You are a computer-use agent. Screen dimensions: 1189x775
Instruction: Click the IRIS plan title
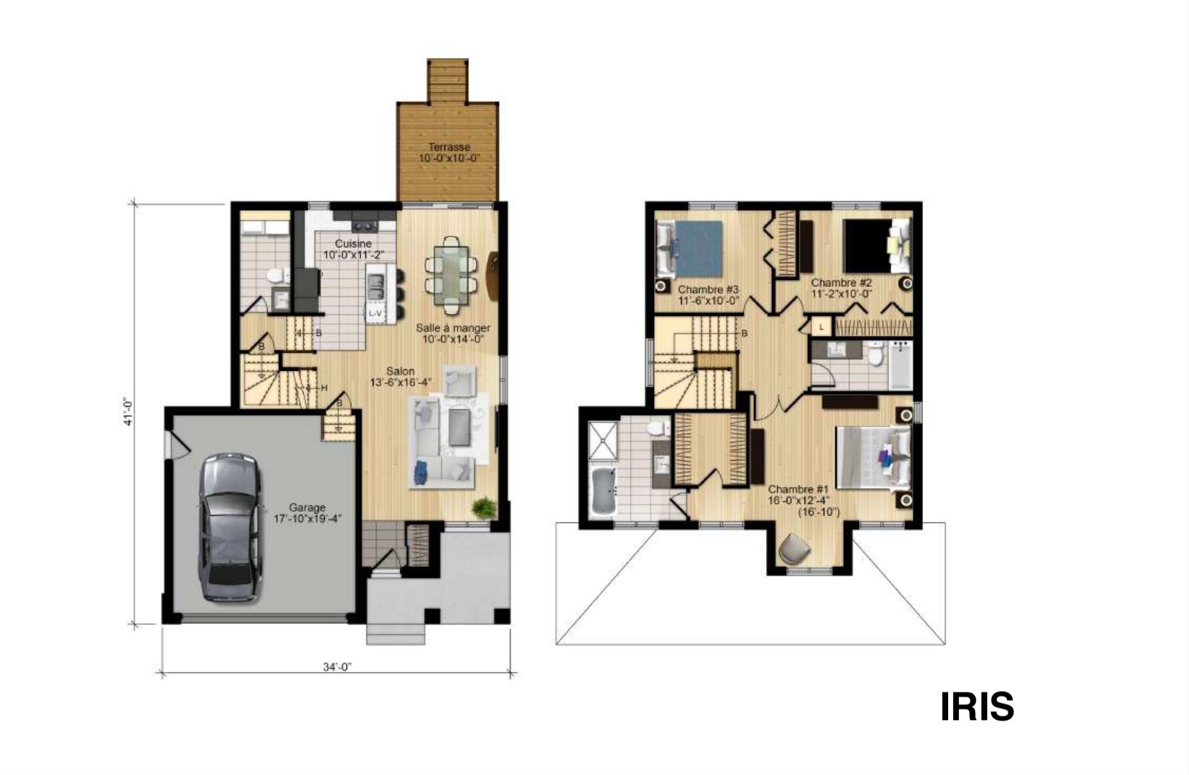point(977,706)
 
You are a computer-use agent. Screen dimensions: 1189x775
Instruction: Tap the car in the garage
point(230,528)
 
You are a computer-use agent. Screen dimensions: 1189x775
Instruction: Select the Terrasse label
point(449,147)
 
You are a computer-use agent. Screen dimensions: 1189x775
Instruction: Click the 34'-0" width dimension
point(338,667)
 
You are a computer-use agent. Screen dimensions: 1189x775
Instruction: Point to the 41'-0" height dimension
point(128,412)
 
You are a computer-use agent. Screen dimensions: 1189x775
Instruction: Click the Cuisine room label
point(353,244)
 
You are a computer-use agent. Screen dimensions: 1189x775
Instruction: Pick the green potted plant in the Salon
point(484,509)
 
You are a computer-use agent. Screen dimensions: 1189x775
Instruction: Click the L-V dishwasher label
point(375,313)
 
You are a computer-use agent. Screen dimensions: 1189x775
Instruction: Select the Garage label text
point(307,508)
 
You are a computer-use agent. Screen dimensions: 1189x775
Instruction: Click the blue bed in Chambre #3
point(690,249)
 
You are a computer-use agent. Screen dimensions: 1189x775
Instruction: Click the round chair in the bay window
point(794,549)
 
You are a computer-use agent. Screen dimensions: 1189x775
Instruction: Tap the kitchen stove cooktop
point(365,225)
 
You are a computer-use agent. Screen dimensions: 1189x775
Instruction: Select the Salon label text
point(400,371)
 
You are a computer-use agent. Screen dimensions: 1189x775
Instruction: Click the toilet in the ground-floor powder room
point(275,275)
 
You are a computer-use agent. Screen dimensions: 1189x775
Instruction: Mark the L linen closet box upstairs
point(821,327)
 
